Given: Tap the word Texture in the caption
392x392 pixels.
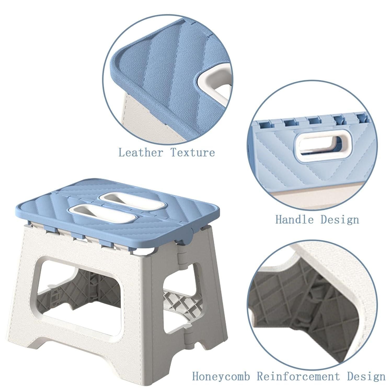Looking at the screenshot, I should coord(193,152).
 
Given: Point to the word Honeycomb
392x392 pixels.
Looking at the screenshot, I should coord(221,377).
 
